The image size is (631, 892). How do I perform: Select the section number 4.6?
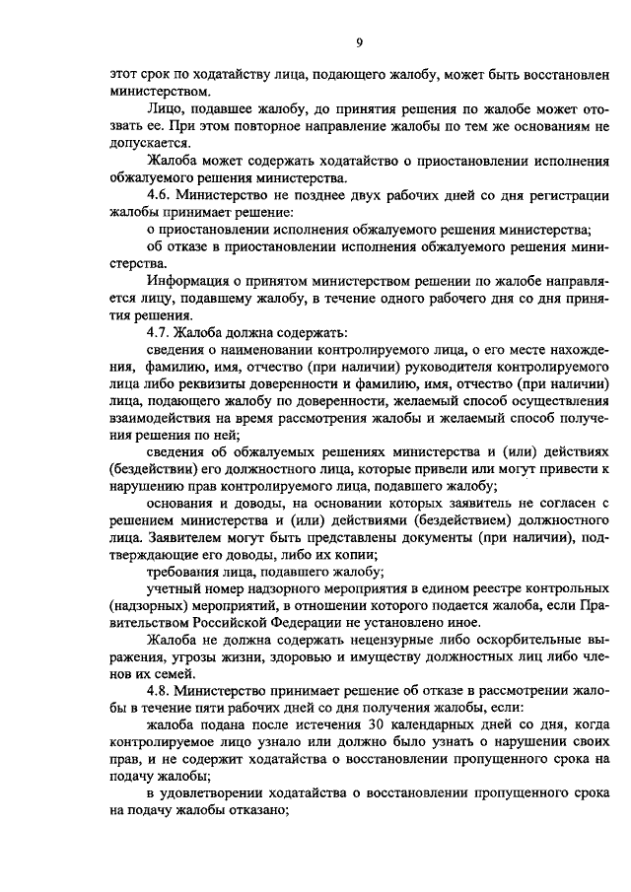(x=160, y=195)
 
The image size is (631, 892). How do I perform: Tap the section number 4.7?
(x=160, y=330)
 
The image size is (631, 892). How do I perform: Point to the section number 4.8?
(x=160, y=692)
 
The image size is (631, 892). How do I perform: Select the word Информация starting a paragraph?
(x=186, y=280)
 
